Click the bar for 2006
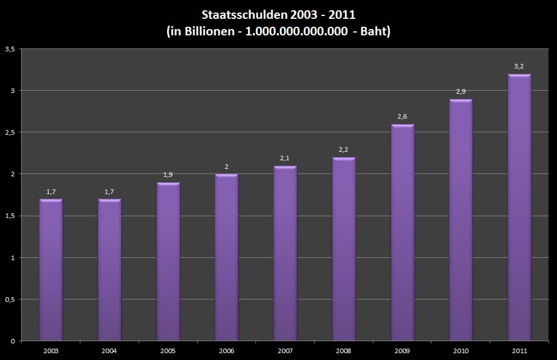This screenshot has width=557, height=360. [x=226, y=257]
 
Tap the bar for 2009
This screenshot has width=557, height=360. [x=402, y=232]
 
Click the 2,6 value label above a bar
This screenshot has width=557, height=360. [x=402, y=116]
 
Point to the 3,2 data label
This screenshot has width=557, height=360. [x=519, y=66]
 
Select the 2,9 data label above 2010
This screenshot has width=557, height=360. [x=461, y=91]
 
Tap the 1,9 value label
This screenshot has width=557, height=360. [x=168, y=175]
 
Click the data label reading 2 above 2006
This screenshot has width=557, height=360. [x=226, y=167]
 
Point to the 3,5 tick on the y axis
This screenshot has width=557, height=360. [x=9, y=49]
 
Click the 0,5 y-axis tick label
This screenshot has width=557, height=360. [x=9, y=299]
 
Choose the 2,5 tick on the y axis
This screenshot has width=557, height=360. [x=9, y=132]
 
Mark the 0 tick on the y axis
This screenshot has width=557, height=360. [x=12, y=341]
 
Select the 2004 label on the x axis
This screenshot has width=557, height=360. [x=109, y=351]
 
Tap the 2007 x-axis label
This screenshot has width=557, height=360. [x=285, y=351]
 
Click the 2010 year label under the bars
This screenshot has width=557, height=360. [x=461, y=351]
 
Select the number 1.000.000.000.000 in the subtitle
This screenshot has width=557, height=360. [x=296, y=32]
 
